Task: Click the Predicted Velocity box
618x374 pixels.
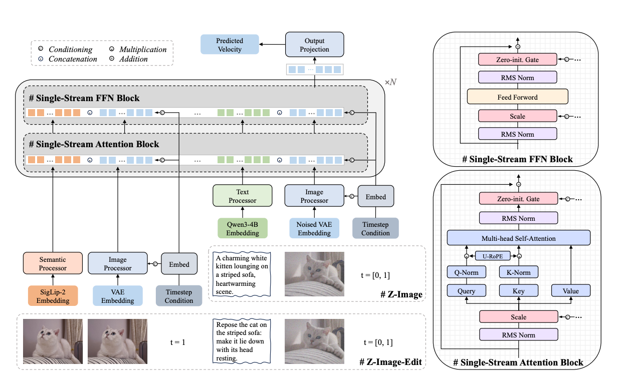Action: click(x=230, y=45)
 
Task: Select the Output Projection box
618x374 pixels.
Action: click(x=315, y=45)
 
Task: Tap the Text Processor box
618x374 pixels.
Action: click(x=243, y=196)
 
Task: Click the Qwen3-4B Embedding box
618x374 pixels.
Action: click(x=243, y=228)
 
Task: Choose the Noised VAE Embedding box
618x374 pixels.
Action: click(x=314, y=228)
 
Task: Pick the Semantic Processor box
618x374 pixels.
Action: click(x=53, y=263)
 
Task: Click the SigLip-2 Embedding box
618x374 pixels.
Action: click(x=53, y=296)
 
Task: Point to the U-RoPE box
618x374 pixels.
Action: click(x=493, y=256)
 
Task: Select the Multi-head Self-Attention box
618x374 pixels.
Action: click(x=519, y=238)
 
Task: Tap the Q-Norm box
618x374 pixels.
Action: click(x=466, y=272)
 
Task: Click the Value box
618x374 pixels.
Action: click(x=571, y=291)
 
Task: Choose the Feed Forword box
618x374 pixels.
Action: click(x=518, y=97)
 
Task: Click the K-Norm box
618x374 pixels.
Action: click(x=519, y=272)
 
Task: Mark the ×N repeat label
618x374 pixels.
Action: click(x=390, y=82)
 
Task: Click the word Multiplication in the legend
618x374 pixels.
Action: click(x=143, y=50)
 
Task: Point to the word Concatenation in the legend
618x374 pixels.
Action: click(x=73, y=59)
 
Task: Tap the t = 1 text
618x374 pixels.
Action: click(x=177, y=342)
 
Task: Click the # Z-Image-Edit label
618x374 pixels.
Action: click(x=390, y=362)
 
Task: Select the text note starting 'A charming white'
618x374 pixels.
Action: click(x=242, y=274)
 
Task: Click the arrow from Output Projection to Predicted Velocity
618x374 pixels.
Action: click(x=272, y=44)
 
